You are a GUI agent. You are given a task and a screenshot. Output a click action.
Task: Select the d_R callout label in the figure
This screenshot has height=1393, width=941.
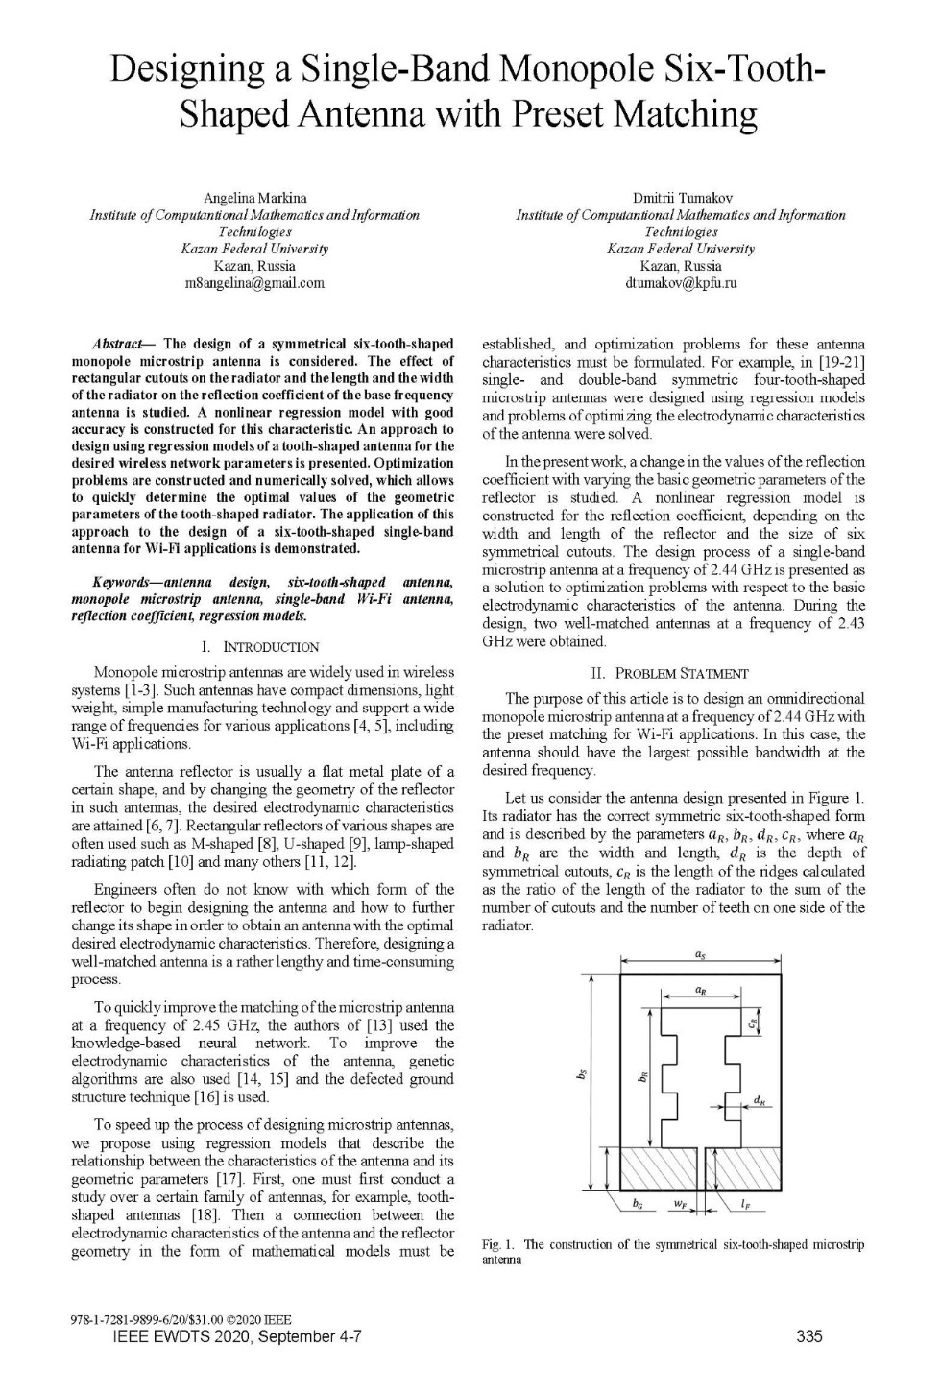[x=760, y=1101]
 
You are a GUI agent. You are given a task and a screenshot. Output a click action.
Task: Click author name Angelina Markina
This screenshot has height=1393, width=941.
[x=254, y=198]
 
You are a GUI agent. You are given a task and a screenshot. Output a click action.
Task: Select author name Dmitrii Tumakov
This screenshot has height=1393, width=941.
[x=682, y=198]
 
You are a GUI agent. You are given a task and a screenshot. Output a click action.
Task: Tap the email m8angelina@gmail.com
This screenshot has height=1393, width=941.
[x=254, y=283]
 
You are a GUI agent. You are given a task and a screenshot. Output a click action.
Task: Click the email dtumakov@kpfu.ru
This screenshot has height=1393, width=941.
[x=681, y=283]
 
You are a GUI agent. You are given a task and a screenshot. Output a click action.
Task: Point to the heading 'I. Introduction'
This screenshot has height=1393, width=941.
[x=261, y=647]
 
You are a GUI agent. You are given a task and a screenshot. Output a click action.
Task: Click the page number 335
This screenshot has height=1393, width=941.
[x=809, y=1336]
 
